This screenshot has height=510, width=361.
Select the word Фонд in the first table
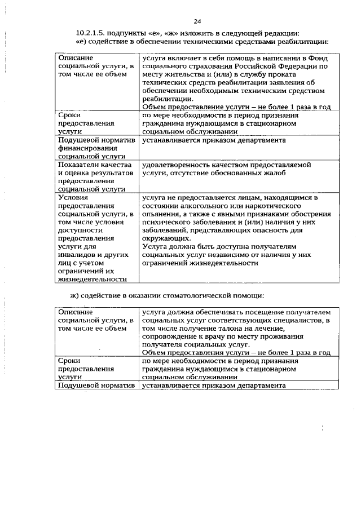coord(318,59)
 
